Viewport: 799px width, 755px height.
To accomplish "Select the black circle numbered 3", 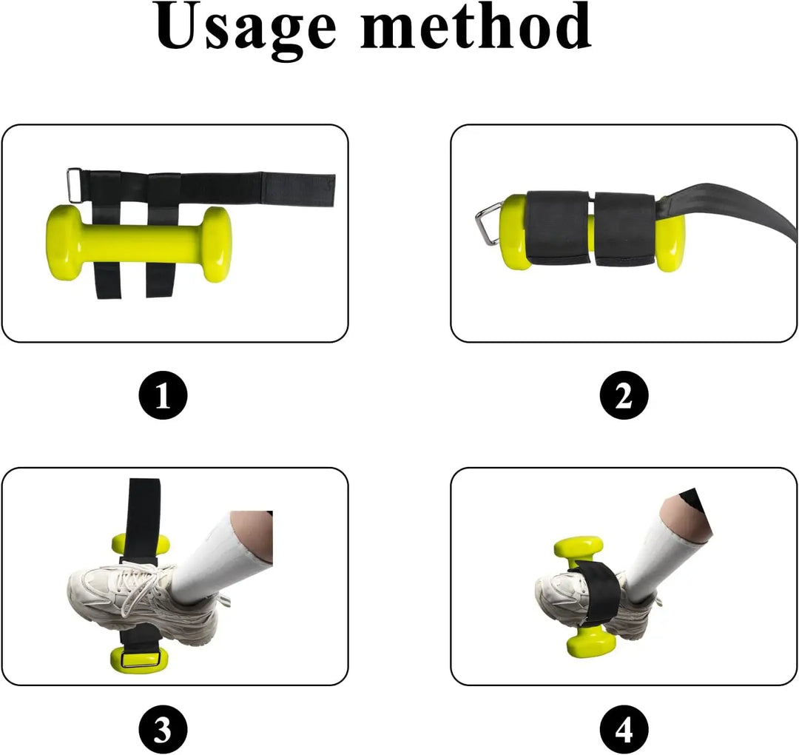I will tap(163, 730).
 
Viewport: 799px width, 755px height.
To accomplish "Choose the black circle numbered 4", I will tap(624, 730).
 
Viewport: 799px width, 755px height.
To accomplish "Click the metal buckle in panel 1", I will tap(74, 183).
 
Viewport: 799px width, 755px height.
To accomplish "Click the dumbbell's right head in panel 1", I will tap(215, 244).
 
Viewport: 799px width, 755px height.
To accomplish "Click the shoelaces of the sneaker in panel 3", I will tap(144, 585).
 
